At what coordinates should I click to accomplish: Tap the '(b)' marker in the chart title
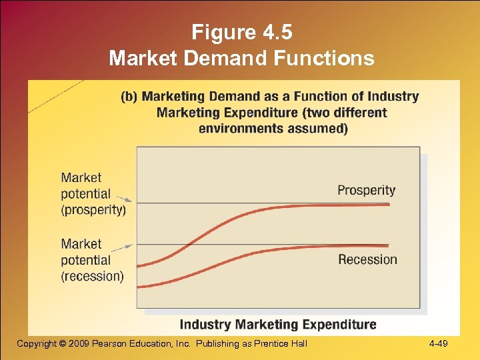(x=129, y=97)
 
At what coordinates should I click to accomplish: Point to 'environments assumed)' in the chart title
(x=273, y=128)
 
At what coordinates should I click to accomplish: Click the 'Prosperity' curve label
(x=366, y=191)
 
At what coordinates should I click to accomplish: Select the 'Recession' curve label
(x=367, y=259)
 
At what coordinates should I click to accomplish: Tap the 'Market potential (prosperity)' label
(x=93, y=193)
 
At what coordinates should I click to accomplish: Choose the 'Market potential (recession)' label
(x=92, y=260)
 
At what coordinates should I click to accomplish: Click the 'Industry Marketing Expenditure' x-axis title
(x=278, y=325)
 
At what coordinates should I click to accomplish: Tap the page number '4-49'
(x=439, y=344)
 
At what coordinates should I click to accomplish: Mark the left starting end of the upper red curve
(x=137, y=265)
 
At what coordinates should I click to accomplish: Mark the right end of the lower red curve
(x=388, y=246)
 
